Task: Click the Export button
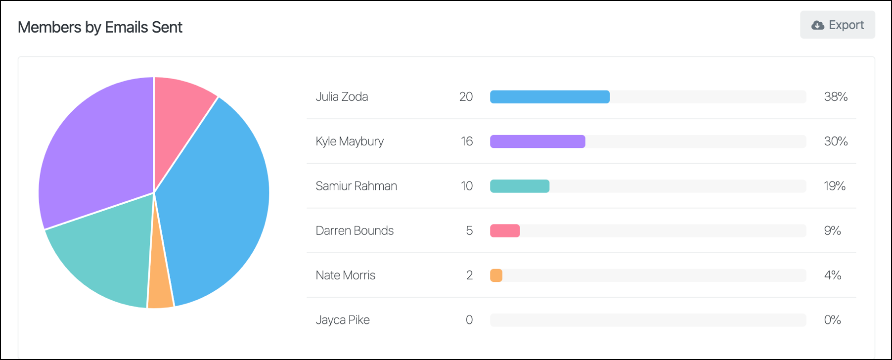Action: pos(838,25)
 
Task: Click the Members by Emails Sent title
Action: pos(100,27)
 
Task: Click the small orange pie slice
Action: pos(161,287)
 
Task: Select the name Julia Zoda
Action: pos(342,96)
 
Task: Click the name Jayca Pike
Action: pos(343,320)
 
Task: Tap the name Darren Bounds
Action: pos(355,230)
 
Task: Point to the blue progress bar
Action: pos(549,97)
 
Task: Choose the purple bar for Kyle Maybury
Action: pos(537,141)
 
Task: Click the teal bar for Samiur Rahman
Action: pos(519,186)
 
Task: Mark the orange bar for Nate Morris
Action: pos(496,275)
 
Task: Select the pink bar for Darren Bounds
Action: pos(504,231)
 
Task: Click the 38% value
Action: pos(836,97)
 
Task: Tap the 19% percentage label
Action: pos(835,186)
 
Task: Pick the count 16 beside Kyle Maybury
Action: pos(467,141)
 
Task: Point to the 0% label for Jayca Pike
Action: pos(832,320)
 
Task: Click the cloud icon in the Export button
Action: pos(818,25)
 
